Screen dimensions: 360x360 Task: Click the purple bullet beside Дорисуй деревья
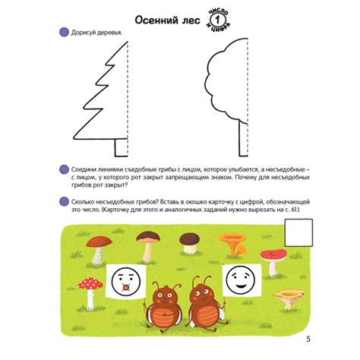point(62,33)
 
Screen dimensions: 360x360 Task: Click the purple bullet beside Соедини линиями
point(62,171)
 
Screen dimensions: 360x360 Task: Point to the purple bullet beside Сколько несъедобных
point(62,202)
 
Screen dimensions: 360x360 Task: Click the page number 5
point(307,338)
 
